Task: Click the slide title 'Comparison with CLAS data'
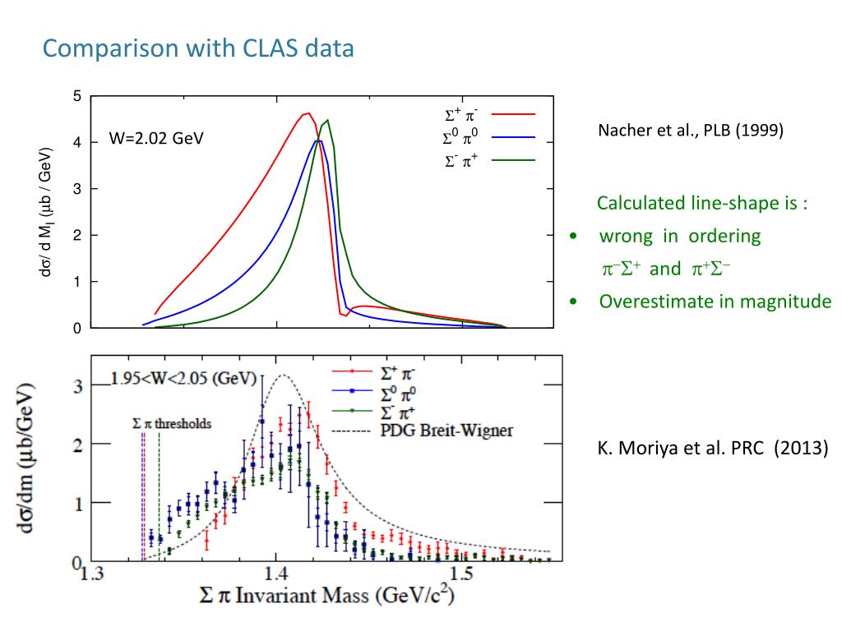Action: [x=198, y=49]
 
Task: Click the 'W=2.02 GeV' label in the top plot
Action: [x=156, y=139]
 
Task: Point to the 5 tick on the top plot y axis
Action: [x=77, y=96]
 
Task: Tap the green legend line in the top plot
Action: [x=514, y=160]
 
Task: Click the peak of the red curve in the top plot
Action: [x=308, y=113]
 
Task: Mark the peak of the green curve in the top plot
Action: [x=328, y=120]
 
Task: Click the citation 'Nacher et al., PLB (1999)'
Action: [x=690, y=131]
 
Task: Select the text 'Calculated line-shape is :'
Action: [x=702, y=203]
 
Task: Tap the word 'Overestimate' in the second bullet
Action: [x=650, y=302]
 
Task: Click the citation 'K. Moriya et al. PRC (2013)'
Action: [x=712, y=449]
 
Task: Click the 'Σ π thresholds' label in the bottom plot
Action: [x=172, y=424]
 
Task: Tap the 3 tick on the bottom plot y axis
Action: [x=79, y=386]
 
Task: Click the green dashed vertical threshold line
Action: [x=159, y=493]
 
